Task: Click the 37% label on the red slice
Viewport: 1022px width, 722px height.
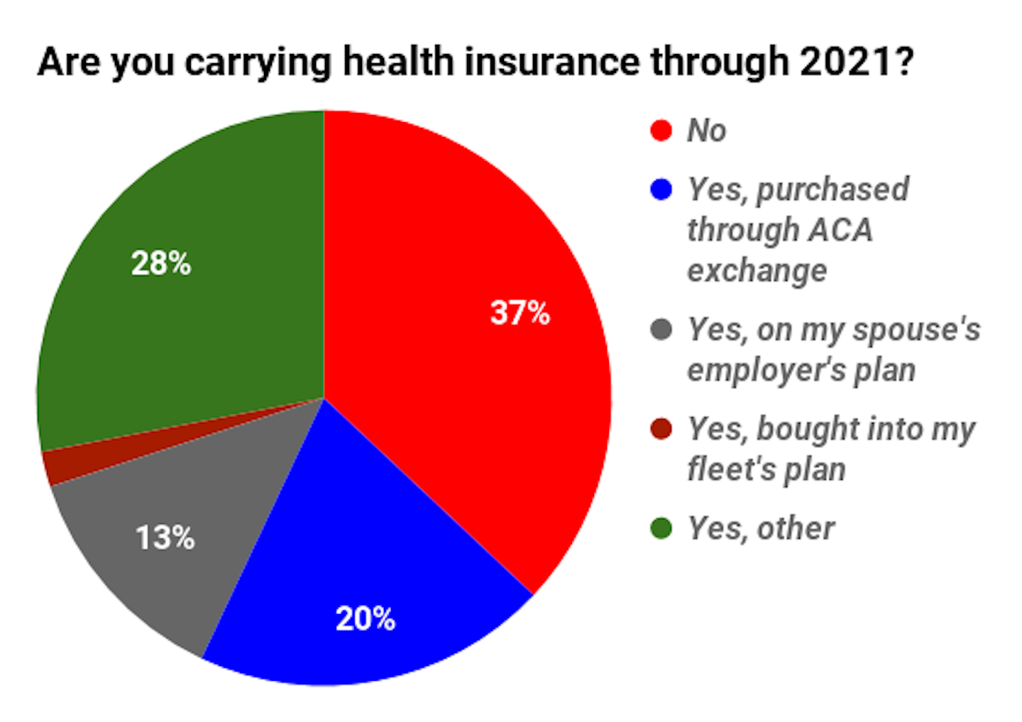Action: [x=520, y=313]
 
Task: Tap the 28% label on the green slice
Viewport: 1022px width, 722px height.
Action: [x=161, y=263]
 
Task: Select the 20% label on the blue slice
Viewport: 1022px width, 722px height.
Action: [x=365, y=619]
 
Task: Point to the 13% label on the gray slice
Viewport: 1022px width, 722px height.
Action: [x=165, y=537]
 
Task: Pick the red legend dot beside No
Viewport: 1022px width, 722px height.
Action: [x=661, y=131]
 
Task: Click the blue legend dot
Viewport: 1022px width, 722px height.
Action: [x=661, y=190]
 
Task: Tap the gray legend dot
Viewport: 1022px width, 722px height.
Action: [x=661, y=329]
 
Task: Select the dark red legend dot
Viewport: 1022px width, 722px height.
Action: [x=661, y=429]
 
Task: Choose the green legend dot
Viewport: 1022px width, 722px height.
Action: [x=661, y=528]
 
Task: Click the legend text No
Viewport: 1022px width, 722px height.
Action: [x=706, y=131]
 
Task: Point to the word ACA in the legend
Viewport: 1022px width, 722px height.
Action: [x=840, y=230]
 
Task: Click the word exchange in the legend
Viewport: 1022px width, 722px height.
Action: [x=757, y=270]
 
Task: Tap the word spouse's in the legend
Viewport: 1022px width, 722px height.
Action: [x=916, y=329]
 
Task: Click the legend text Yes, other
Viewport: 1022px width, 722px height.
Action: [x=761, y=528]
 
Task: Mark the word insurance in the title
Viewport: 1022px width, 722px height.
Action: [x=553, y=62]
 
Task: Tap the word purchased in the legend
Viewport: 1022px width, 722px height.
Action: [x=833, y=190]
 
